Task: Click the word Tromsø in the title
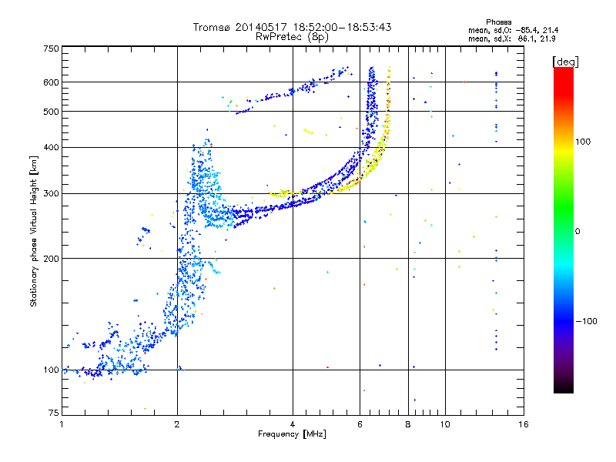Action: [x=212, y=27]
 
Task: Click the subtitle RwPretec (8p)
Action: [x=292, y=37]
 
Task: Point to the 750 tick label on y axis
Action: [x=51, y=49]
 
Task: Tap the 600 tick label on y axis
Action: [x=51, y=82]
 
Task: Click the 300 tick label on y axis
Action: [x=51, y=193]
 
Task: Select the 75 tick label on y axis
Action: [x=53, y=413]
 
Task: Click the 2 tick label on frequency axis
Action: [x=177, y=424]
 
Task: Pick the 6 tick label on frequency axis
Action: [x=360, y=424]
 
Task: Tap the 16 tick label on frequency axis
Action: [x=524, y=424]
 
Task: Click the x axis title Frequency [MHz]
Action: [x=292, y=434]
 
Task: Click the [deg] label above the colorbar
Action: [x=565, y=62]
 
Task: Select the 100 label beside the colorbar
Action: [x=583, y=142]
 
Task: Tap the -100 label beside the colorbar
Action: [x=586, y=321]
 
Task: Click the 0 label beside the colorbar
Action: [x=577, y=232]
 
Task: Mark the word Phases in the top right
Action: [x=498, y=22]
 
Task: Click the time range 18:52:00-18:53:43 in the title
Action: [x=342, y=27]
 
